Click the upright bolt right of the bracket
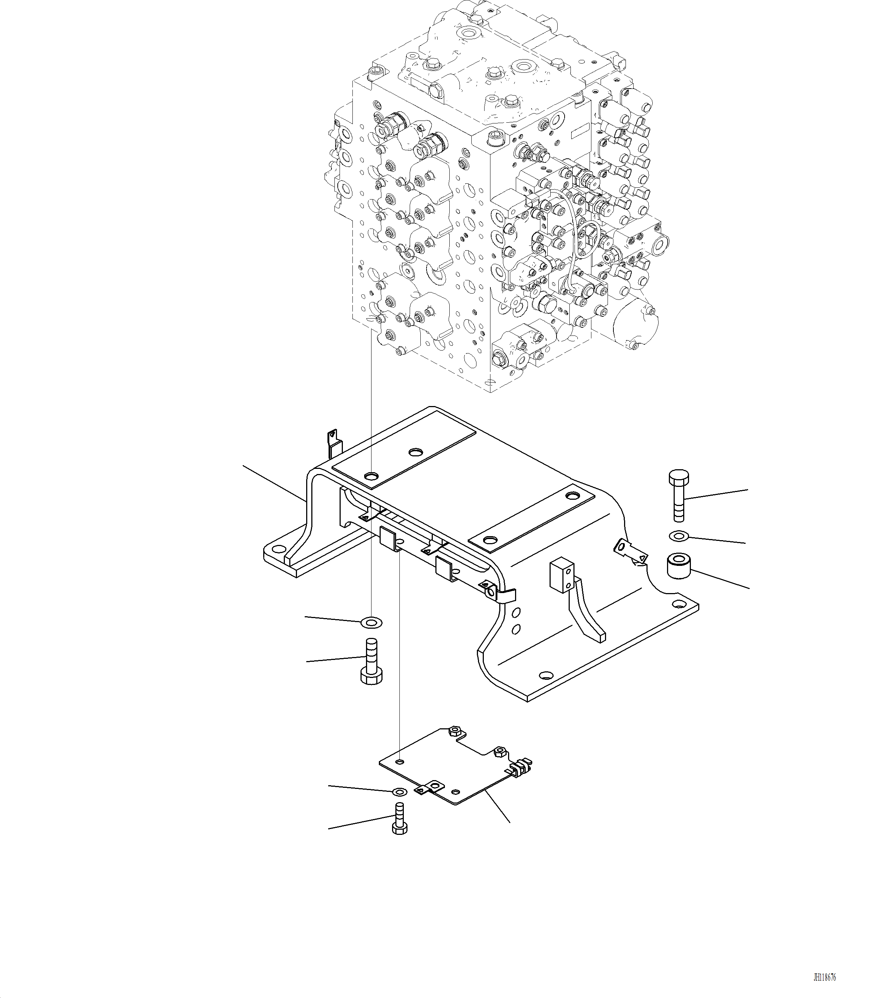pyautogui.click(x=678, y=496)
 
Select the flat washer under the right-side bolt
pyautogui.click(x=678, y=536)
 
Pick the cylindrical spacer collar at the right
pyautogui.click(x=678, y=565)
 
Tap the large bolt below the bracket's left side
pyautogui.click(x=371, y=661)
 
